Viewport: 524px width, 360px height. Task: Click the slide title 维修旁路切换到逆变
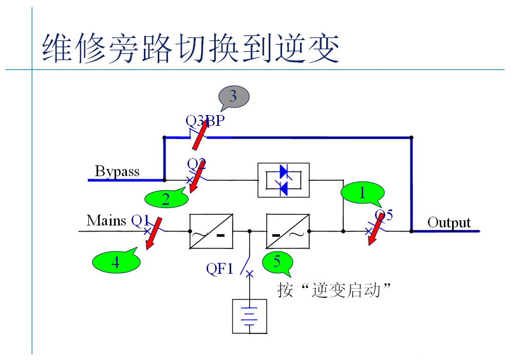190,49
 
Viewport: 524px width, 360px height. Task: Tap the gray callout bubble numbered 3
234,96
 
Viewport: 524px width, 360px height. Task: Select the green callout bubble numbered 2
165,199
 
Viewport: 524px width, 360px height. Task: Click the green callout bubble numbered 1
362,193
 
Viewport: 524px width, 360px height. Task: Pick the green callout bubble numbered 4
115,262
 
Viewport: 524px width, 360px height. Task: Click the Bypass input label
117,171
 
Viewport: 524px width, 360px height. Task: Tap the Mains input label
106,220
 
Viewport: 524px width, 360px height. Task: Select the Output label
449,222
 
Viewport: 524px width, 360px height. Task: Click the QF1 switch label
220,268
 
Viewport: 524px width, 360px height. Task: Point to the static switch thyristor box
283,180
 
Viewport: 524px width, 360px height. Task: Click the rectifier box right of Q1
211,231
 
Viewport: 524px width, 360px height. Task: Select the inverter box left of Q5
288,231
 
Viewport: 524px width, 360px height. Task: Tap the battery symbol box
250,316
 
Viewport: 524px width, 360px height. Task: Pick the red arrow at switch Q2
194,177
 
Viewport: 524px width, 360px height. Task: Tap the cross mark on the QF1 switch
250,274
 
